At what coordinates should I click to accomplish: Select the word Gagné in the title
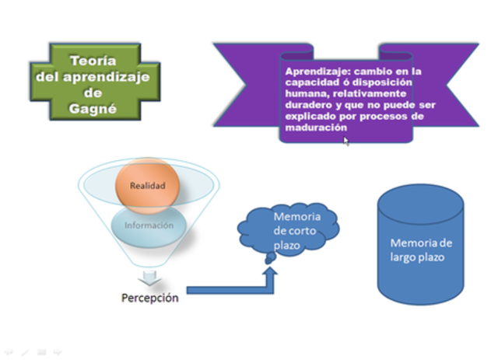coord(94,110)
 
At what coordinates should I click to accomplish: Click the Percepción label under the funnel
coord(149,298)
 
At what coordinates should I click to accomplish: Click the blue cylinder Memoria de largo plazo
coord(420,249)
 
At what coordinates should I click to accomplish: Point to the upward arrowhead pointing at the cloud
coord(270,273)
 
